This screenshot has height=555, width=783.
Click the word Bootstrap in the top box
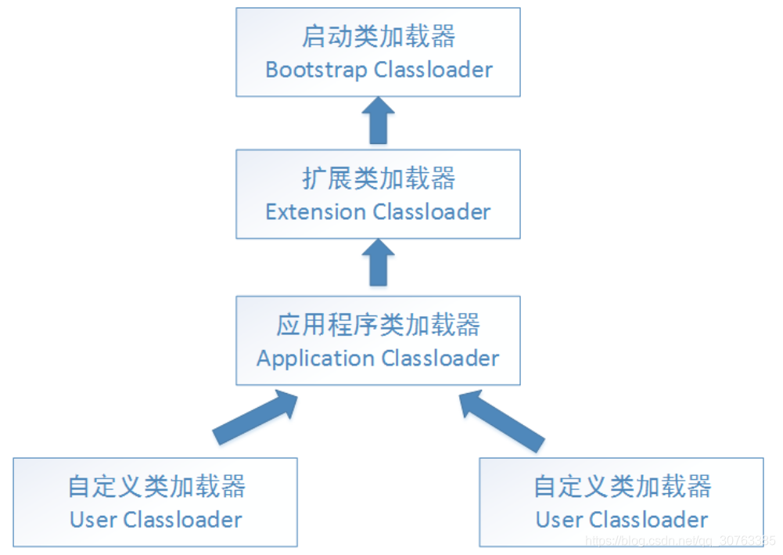[317, 70]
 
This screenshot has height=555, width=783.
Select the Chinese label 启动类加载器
[379, 36]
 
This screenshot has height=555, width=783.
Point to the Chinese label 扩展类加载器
[379, 178]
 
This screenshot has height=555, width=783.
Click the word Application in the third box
[315, 359]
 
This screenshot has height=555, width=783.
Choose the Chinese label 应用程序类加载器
[379, 325]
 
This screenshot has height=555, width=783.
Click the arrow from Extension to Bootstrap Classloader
[379, 120]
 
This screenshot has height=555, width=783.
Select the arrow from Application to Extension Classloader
[379, 262]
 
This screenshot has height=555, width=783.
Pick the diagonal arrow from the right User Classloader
[501, 419]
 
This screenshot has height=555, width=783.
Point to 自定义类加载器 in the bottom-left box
[156, 486]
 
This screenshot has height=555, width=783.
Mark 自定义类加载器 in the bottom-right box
[622, 486]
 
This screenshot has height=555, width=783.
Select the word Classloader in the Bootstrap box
[433, 70]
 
